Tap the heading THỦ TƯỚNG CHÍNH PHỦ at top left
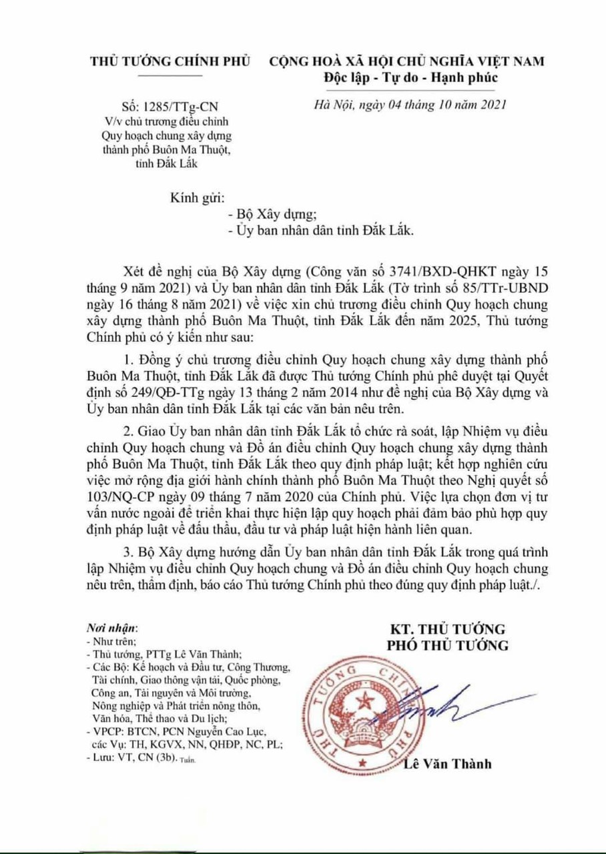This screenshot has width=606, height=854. point(170,62)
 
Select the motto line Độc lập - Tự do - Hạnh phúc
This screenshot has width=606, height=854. point(406,77)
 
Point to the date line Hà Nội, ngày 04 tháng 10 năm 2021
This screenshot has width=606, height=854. point(410,105)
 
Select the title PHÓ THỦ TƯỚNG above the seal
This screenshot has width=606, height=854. point(448,645)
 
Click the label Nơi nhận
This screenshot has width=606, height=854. point(111,628)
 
